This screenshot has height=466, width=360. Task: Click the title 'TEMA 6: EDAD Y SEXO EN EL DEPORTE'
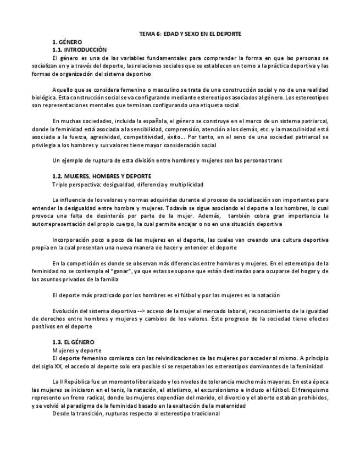click(x=190, y=34)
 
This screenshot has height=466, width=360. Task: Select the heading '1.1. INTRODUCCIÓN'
click(x=79, y=49)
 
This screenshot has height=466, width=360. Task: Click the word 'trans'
click(x=275, y=160)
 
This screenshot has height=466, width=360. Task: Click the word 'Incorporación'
click(x=73, y=240)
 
